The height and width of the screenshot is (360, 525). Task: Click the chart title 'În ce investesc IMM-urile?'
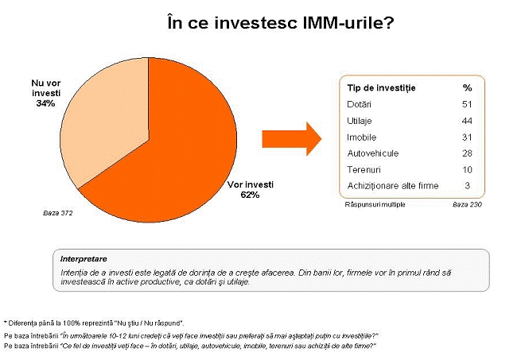(281, 23)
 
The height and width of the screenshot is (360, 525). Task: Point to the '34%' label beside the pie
(46, 103)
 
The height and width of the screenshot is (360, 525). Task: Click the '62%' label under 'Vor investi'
(250, 195)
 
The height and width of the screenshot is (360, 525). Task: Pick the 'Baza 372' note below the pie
(57, 213)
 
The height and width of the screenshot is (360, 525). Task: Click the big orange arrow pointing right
(292, 139)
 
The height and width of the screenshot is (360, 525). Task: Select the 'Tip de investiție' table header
(381, 88)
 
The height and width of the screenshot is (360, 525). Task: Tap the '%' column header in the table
(467, 87)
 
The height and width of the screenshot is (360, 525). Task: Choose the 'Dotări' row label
(359, 104)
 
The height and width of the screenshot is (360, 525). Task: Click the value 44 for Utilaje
(467, 121)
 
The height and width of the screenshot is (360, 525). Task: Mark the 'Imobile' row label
(362, 137)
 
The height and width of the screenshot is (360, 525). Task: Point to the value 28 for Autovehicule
(467, 153)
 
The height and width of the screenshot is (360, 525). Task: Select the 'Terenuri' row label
(364, 169)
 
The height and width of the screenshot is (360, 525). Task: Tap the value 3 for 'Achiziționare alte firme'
(468, 185)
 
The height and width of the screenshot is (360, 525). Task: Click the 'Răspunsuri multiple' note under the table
(375, 204)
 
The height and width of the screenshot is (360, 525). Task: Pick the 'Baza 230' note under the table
(467, 204)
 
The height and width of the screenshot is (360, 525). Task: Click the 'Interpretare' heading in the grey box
(84, 259)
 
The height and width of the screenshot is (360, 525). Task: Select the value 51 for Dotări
(467, 104)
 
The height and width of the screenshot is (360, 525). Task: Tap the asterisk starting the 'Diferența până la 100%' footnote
(6, 323)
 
